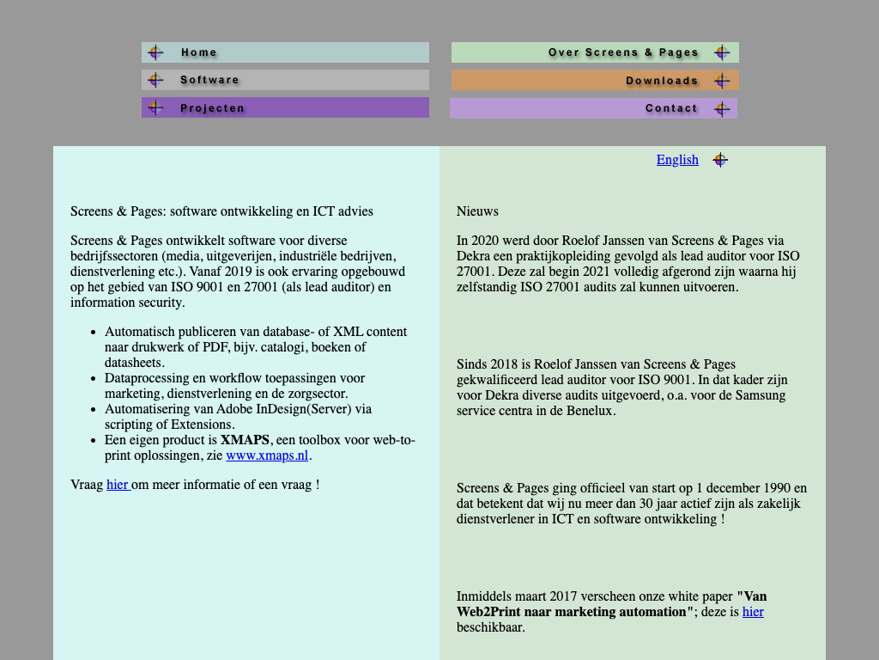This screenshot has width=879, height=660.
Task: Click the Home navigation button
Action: pos(285,52)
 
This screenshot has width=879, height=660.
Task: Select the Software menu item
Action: pos(285,80)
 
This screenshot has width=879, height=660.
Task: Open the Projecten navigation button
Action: pos(285,107)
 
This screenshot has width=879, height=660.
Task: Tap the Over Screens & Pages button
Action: pos(595,52)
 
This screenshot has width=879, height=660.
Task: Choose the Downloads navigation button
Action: pos(595,80)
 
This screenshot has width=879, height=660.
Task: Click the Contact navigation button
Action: pos(593,108)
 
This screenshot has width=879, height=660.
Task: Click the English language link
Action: pos(677,160)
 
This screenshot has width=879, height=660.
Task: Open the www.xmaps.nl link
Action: pos(267,455)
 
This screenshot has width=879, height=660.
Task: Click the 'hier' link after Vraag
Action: pos(118,485)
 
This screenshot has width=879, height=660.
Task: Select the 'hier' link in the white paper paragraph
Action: pos(753,612)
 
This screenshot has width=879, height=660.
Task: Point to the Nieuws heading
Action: pos(477,211)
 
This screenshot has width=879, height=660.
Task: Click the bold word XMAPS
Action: pos(245,440)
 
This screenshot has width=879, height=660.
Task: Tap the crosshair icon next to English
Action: pos(719,160)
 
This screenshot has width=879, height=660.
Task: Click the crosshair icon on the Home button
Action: pos(155,52)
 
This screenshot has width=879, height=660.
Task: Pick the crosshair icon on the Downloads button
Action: pos(722,80)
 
